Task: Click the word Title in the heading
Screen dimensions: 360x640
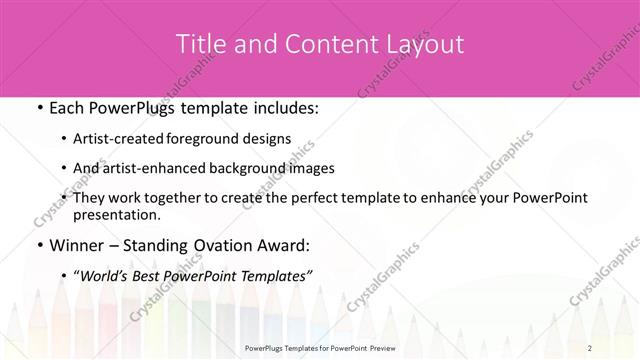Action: (199, 44)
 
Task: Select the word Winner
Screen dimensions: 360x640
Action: (77, 244)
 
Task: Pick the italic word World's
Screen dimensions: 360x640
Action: (105, 274)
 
